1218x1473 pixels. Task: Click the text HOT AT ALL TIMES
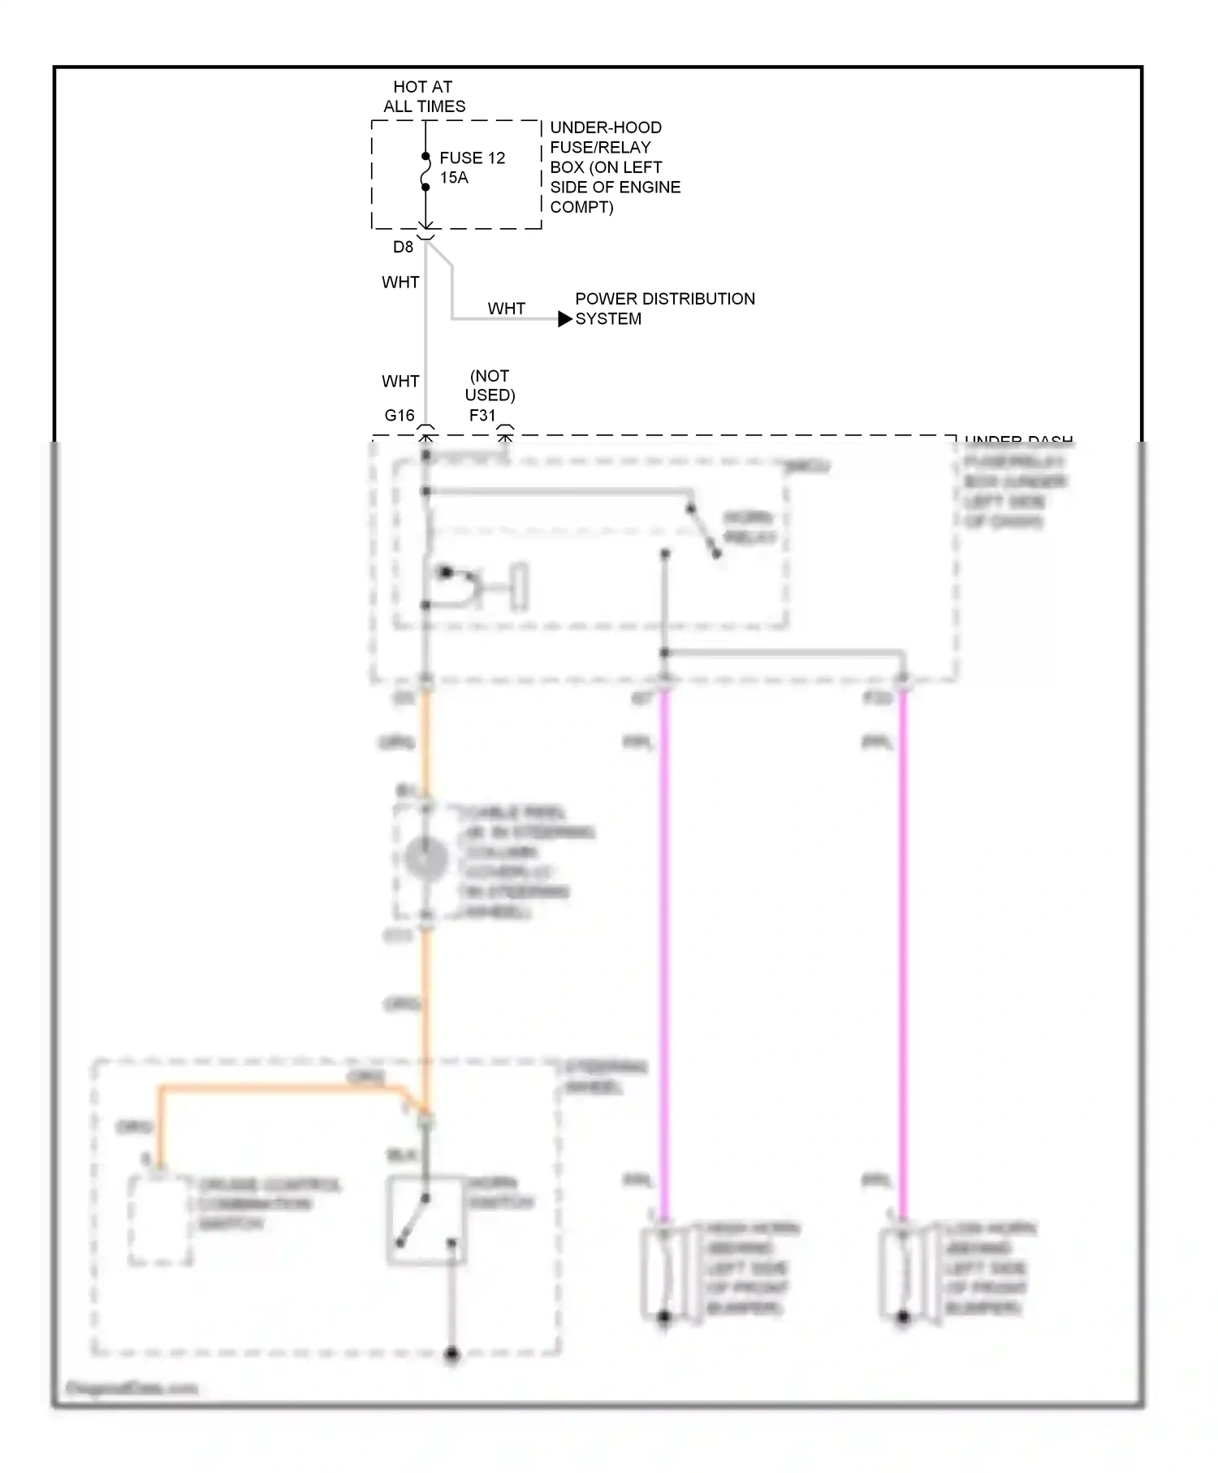424,97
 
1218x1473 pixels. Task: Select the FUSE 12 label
472,158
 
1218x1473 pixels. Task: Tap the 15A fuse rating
454,178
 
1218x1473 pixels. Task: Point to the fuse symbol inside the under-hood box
425,172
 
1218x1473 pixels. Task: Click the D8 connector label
403,247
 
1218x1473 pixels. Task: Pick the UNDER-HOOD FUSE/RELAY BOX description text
615,167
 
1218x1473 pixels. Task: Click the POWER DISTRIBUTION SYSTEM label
664,309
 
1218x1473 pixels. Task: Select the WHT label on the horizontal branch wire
506,309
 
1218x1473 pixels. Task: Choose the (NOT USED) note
490,386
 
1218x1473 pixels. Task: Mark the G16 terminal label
399,416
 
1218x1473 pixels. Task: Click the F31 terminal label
482,416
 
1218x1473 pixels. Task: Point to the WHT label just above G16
400,382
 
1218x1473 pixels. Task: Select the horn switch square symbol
426,1220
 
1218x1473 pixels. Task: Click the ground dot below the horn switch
452,1354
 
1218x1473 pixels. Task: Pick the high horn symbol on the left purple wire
663,1272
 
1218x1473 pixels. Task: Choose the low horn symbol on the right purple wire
902,1272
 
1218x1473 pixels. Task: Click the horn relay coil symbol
479,587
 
